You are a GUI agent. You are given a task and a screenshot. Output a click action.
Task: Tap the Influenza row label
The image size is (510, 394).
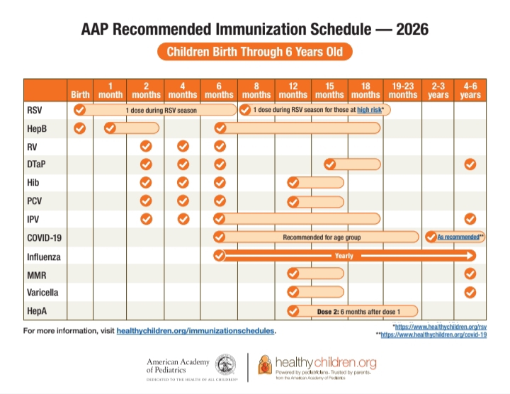coord(44,255)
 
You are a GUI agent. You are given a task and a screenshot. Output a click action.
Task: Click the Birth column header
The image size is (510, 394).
coord(80,95)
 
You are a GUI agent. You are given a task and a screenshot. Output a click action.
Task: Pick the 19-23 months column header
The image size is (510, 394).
coord(403,90)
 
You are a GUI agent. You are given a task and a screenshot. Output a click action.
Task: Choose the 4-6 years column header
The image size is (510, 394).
coord(470,90)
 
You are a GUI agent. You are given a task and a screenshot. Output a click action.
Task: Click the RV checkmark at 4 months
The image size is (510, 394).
coord(183,146)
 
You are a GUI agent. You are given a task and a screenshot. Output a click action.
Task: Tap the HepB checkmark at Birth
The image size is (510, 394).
coord(80,128)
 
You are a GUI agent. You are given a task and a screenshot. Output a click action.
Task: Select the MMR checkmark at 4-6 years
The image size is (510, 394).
coord(470,274)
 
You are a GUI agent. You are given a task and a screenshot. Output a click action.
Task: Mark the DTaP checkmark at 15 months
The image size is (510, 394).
coord(329,164)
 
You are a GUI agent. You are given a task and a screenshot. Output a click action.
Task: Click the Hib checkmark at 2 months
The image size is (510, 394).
coord(146,182)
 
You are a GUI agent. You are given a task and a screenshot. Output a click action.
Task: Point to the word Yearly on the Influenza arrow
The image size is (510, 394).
coord(344,256)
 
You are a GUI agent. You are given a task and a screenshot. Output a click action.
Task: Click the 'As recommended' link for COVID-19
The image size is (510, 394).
coord(458,237)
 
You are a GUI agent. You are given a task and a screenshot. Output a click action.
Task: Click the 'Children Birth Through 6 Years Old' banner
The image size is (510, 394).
coord(254,52)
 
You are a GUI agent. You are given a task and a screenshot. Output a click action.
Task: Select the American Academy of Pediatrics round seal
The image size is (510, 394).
coord(225,365)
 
